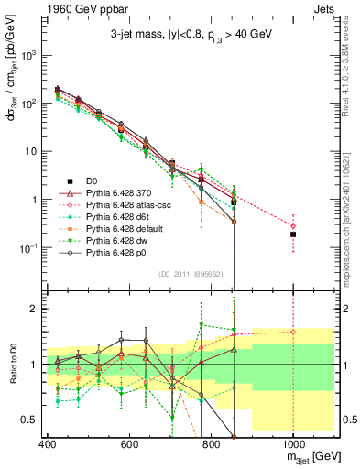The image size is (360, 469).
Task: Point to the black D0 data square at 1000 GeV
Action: (293, 234)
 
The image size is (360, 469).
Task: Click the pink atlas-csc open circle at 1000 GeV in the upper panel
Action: (293, 225)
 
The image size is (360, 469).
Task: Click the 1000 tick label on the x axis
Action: (293, 444)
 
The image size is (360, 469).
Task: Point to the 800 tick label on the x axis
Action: (211, 444)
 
